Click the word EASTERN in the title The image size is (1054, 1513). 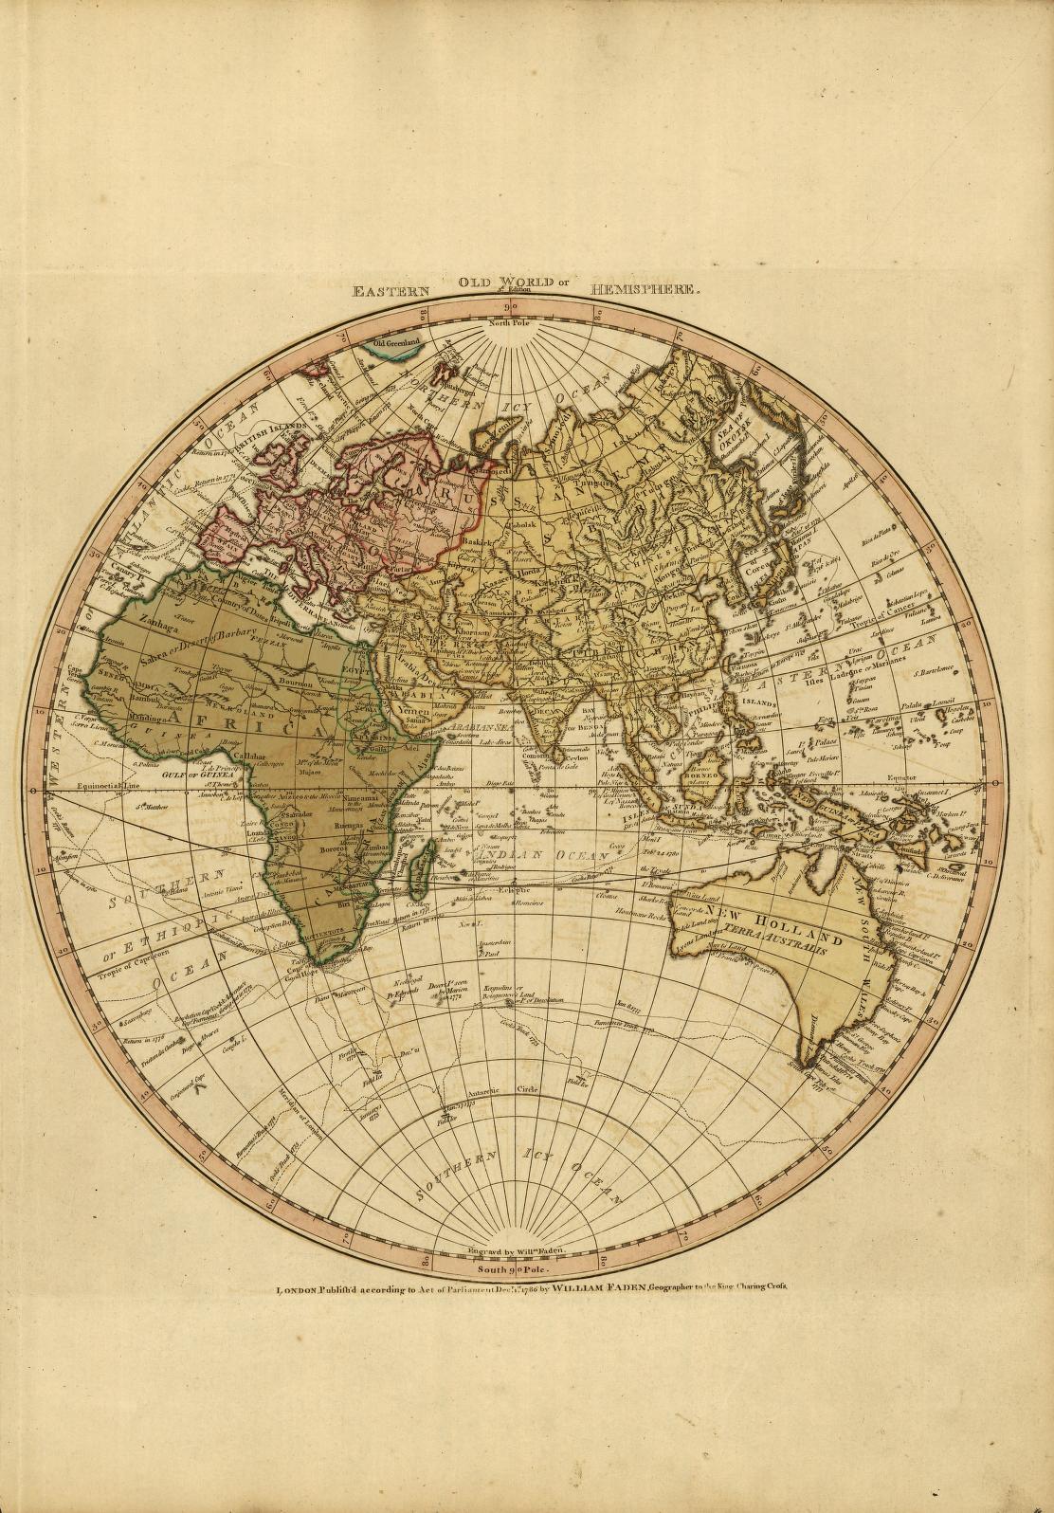pyautogui.click(x=391, y=292)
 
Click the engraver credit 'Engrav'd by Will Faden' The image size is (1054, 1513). pyautogui.click(x=512, y=1250)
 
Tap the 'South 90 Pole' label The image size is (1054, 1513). pyautogui.click(x=512, y=1267)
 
